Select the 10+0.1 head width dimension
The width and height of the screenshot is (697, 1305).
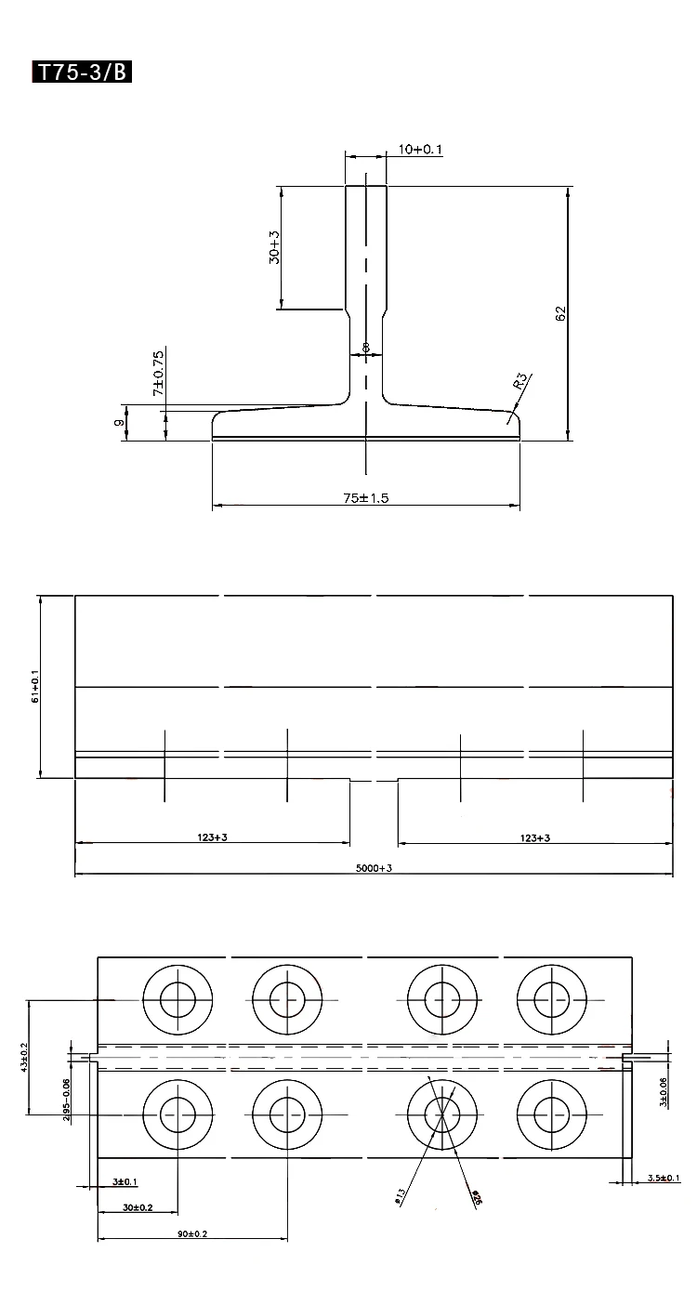pyautogui.click(x=419, y=149)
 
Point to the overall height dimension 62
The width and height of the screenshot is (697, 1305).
pyautogui.click(x=560, y=313)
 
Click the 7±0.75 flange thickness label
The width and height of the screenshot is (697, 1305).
pyautogui.click(x=159, y=375)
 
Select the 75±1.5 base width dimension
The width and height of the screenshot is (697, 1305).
pyautogui.click(x=365, y=498)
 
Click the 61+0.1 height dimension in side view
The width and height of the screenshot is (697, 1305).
pyautogui.click(x=34, y=685)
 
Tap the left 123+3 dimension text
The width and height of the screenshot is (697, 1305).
pyautogui.click(x=213, y=837)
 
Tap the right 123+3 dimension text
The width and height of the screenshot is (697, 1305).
pyautogui.click(x=535, y=837)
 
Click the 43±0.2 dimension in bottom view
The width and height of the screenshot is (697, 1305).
pyautogui.click(x=24, y=1057)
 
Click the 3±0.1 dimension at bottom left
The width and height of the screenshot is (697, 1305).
pyautogui.click(x=125, y=1181)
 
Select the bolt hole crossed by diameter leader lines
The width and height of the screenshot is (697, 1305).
pyautogui.click(x=442, y=1112)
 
